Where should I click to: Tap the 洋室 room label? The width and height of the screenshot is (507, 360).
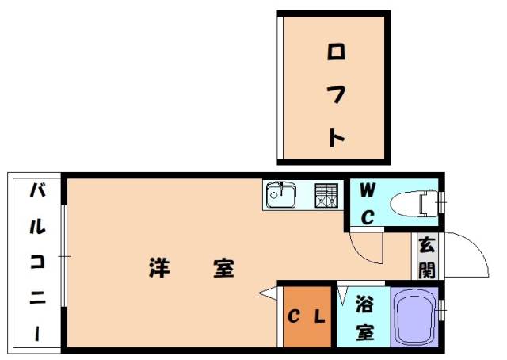(x=191, y=268)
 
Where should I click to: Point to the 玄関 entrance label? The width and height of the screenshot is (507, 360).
(x=427, y=257)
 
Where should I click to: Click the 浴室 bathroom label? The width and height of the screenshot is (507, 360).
(x=364, y=317)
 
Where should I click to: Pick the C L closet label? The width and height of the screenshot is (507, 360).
(x=305, y=318)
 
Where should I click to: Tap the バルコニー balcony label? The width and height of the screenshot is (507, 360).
(x=37, y=262)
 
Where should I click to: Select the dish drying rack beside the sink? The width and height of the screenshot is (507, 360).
(x=326, y=195)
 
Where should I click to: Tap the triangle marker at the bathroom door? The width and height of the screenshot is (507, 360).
(x=341, y=297)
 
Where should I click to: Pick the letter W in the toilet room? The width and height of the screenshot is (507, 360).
(x=368, y=190)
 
